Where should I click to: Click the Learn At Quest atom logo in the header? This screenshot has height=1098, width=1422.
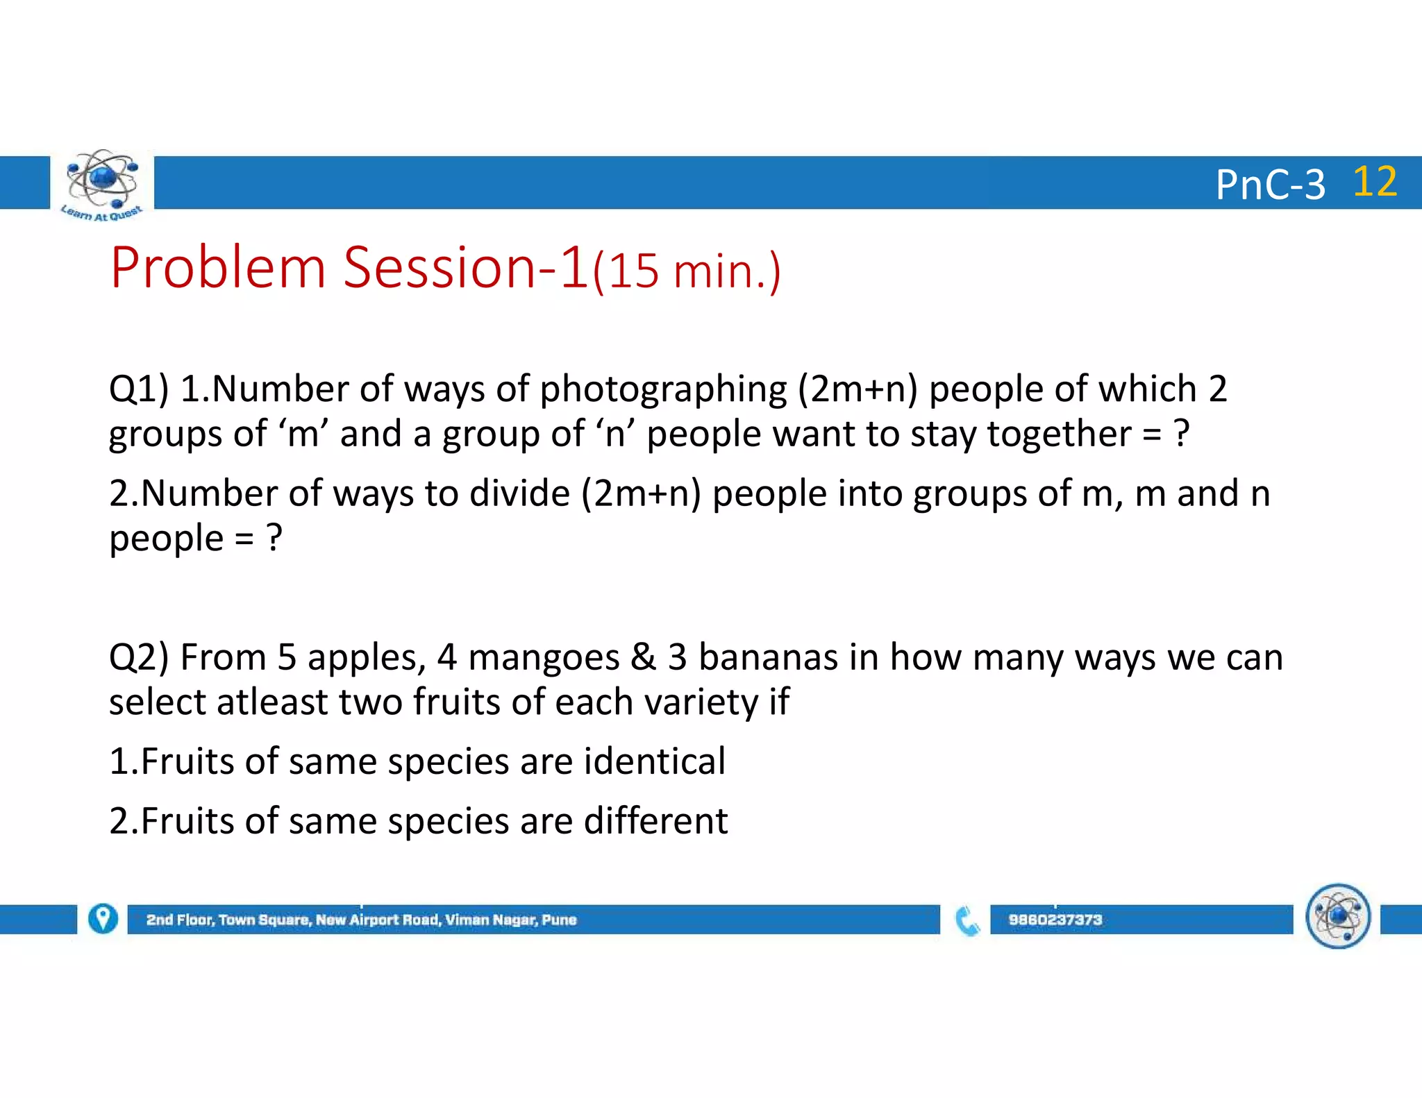[102, 182]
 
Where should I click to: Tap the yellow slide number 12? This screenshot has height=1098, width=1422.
[1374, 182]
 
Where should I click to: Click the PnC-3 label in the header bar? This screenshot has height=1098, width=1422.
[1270, 185]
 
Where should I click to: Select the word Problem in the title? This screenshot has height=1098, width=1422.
[218, 268]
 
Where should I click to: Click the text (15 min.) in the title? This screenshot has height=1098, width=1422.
[687, 271]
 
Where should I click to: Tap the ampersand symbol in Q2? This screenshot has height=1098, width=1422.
[643, 657]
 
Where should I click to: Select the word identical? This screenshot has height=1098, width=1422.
[655, 761]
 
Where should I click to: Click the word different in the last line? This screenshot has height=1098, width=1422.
[655, 821]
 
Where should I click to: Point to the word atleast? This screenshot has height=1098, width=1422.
[271, 702]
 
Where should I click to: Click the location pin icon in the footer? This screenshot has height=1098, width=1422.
[103, 919]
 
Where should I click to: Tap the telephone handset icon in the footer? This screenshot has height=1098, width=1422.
[967, 920]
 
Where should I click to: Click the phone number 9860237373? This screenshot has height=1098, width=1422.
[1055, 920]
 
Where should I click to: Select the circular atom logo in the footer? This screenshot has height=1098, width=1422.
[1337, 916]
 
